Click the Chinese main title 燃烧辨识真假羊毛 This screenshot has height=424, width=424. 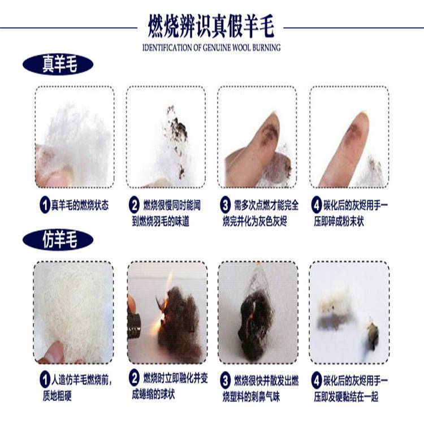[x=211, y=26]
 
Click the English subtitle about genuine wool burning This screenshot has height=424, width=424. [x=211, y=47]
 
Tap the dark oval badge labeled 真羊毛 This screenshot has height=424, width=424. [x=58, y=64]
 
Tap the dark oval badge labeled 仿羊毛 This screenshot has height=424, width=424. [x=58, y=240]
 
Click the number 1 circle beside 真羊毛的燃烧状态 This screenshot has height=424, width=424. [x=45, y=205]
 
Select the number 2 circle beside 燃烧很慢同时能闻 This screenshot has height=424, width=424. [x=135, y=205]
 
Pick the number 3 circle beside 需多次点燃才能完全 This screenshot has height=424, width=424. [x=225, y=205]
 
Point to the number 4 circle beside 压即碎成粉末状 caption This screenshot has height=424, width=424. [x=317, y=205]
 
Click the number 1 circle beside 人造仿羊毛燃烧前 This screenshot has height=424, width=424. [x=45, y=380]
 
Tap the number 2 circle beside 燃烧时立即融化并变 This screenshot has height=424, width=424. [x=135, y=378]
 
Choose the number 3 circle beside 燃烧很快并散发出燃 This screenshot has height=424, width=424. [x=225, y=380]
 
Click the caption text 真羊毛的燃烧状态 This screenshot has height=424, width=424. [x=80, y=205]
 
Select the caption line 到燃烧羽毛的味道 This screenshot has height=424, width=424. [x=161, y=222]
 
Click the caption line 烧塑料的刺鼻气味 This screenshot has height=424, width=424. [x=251, y=397]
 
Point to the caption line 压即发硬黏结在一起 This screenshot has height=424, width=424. [x=346, y=397]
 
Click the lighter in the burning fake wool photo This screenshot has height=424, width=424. [x=133, y=325]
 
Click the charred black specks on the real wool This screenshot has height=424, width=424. [x=177, y=129]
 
